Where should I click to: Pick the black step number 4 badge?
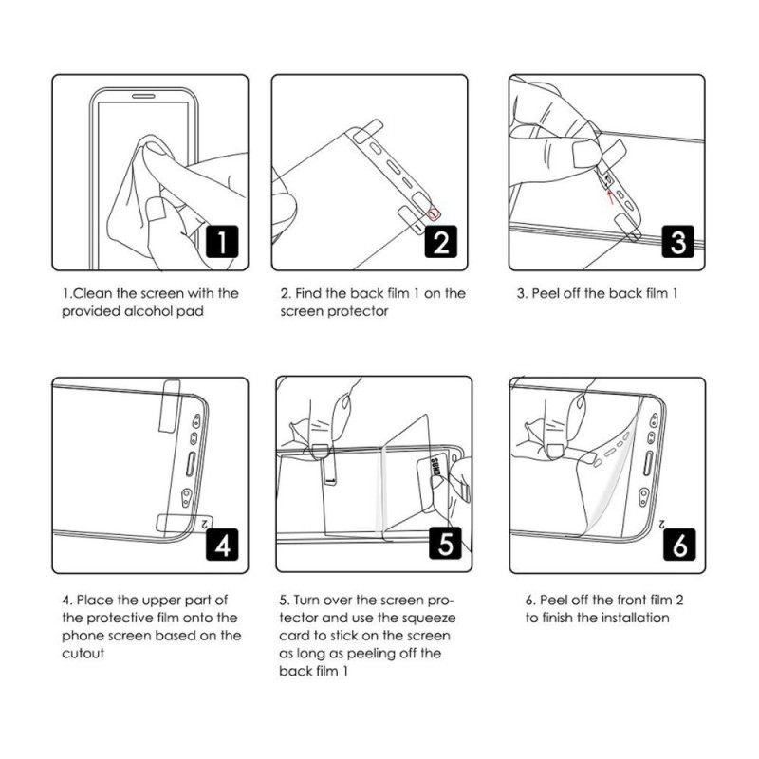pos(221,546)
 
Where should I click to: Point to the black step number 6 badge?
pos(677,546)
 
